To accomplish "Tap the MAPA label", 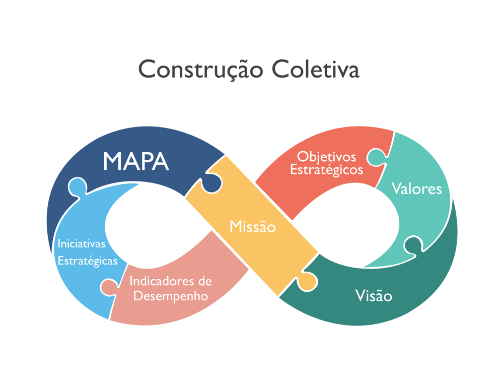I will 135,161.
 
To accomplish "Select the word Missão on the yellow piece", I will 252,227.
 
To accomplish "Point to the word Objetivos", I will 326,157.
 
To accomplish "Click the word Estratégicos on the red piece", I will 326,169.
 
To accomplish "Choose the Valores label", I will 416,189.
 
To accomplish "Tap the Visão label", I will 373,295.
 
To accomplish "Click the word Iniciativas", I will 82,243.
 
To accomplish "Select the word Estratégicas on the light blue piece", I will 88,261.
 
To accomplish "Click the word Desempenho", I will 170,296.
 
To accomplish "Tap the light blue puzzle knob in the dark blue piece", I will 76,187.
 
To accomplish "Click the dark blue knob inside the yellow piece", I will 212,181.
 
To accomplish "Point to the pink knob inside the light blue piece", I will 108,287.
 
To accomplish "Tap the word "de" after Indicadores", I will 205,281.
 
